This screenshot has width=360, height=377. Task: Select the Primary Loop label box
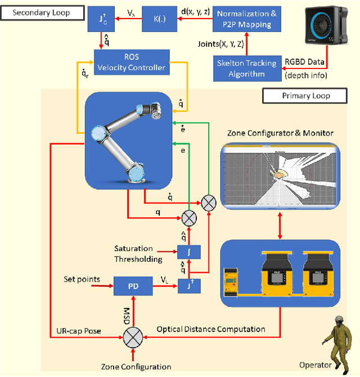click(x=305, y=96)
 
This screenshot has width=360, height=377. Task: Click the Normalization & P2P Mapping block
click(x=246, y=19)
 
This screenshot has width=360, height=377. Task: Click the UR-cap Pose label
click(x=79, y=331)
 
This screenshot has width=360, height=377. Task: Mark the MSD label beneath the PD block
click(x=128, y=311)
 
